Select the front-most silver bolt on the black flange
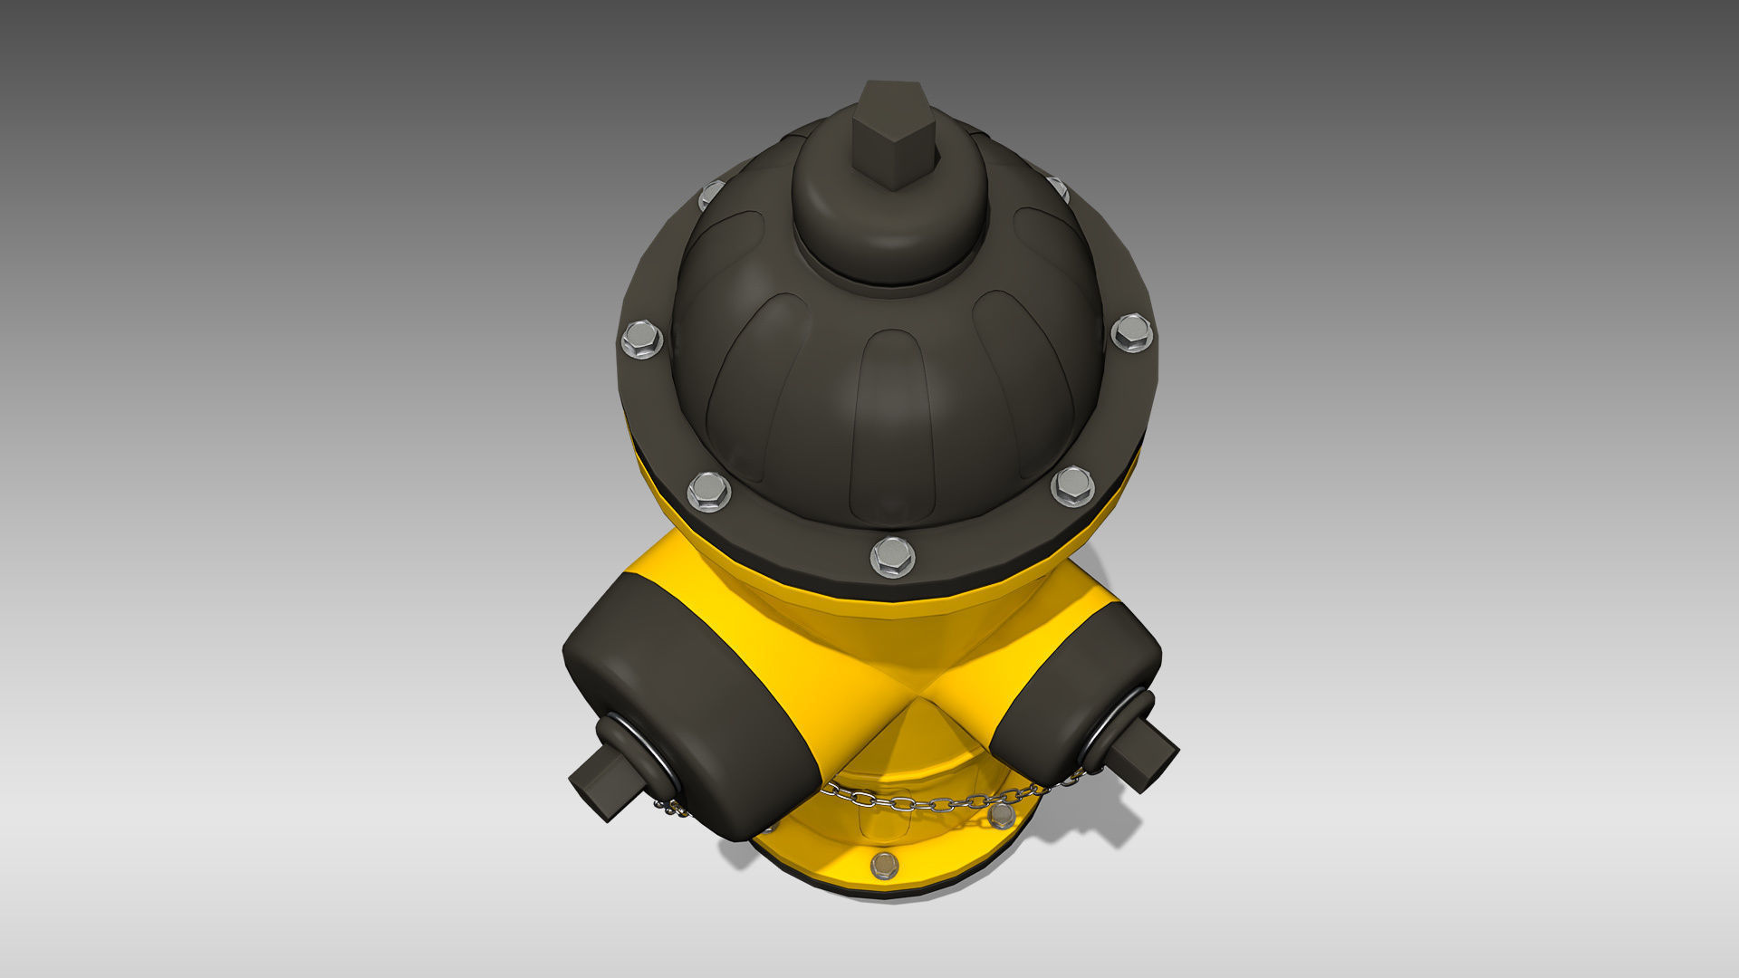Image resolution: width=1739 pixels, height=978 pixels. tap(892, 555)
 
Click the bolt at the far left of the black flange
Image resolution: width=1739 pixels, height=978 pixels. tap(641, 340)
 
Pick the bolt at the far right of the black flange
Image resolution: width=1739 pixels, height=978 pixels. tap(1131, 333)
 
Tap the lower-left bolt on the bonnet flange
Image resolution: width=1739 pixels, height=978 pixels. tap(708, 491)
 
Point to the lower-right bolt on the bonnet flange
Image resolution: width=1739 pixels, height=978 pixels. tap(1072, 486)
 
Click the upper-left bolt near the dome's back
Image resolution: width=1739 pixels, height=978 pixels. tap(712, 194)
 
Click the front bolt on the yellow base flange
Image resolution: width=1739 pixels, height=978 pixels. tap(885, 865)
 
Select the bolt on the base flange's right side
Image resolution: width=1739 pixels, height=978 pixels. tap(1001, 817)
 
